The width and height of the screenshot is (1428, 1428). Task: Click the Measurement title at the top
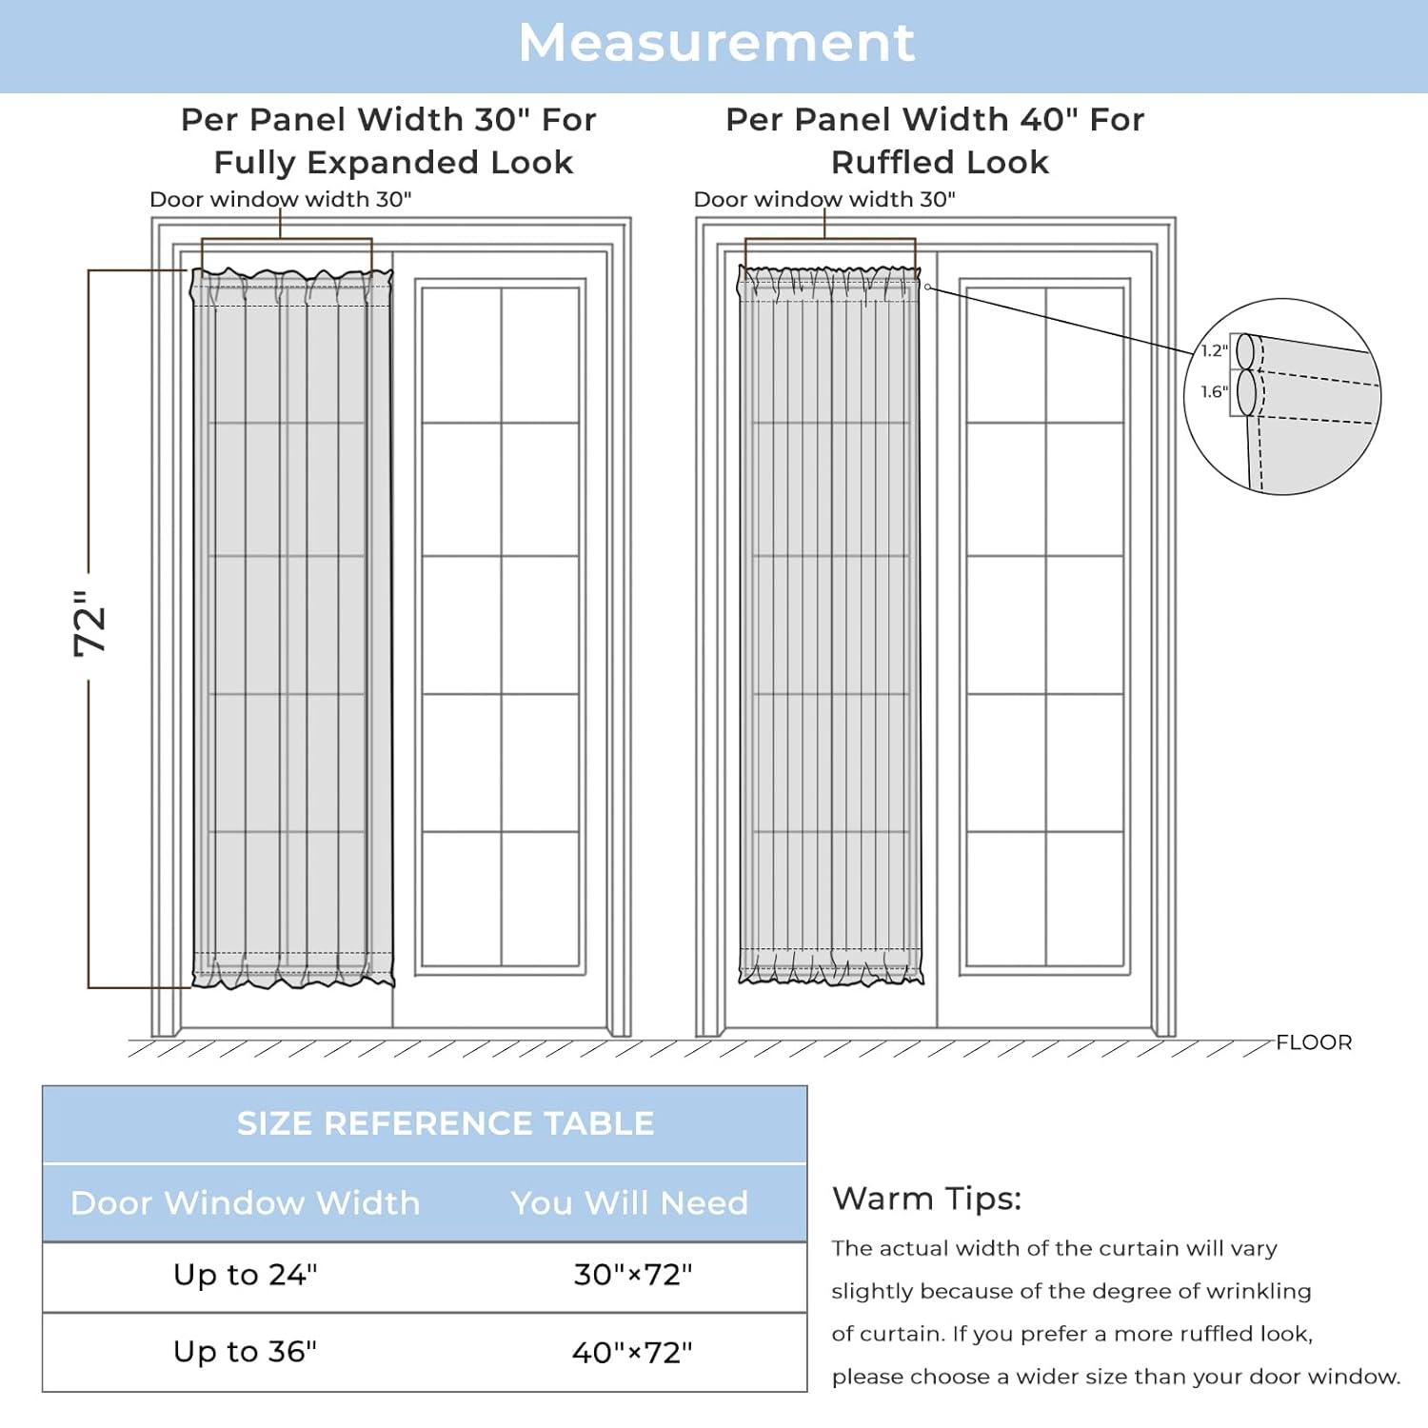coord(716,43)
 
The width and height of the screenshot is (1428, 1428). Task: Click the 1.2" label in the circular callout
coord(1214,350)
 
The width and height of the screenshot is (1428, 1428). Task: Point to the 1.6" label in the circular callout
coord(1214,391)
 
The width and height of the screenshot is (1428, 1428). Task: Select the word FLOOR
coord(1313,1042)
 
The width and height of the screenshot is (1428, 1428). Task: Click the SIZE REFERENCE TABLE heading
coord(445,1123)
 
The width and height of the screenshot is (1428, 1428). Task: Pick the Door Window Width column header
coord(245,1202)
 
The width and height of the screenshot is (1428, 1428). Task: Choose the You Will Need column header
coord(628,1202)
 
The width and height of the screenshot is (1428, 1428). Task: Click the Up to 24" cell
coord(245,1274)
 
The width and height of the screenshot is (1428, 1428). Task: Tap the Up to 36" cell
coord(245,1351)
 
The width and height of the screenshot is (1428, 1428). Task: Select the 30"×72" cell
coord(632,1274)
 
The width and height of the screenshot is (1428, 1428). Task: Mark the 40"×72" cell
coord(632,1352)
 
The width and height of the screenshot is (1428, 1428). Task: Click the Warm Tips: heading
coord(925,1198)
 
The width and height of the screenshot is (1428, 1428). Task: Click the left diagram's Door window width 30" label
coord(280,199)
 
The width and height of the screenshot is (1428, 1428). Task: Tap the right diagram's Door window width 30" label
coord(823,199)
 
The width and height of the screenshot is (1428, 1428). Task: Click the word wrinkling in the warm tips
coord(1258,1291)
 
